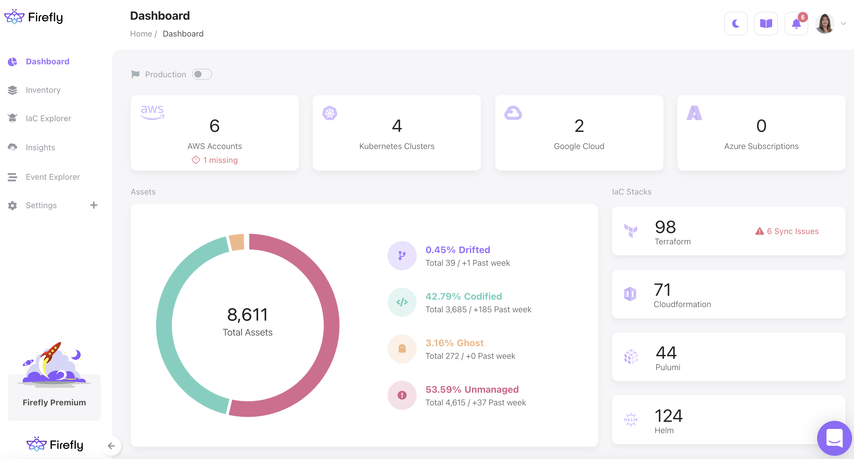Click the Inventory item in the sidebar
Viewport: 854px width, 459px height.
43,90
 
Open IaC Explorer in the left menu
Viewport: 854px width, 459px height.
48,119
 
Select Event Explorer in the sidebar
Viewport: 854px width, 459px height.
52,177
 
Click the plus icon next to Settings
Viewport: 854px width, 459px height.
94,205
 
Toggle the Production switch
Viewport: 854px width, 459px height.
202,74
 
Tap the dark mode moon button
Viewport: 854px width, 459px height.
735,24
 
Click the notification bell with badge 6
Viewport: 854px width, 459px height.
796,24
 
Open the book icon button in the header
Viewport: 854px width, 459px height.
766,24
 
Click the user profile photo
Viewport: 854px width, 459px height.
825,24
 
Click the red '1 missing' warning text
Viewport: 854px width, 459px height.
220,160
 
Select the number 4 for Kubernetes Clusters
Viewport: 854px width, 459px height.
397,126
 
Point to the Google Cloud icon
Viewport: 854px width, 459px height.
513,113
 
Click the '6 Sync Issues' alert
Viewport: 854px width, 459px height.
787,231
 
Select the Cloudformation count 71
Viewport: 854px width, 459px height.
662,290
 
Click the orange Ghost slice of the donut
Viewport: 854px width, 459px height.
237,242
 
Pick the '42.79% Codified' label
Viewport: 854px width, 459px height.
464,296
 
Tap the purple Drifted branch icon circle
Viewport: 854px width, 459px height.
402,256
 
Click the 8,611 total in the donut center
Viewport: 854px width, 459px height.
247,315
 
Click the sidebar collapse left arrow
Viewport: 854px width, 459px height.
111,446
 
